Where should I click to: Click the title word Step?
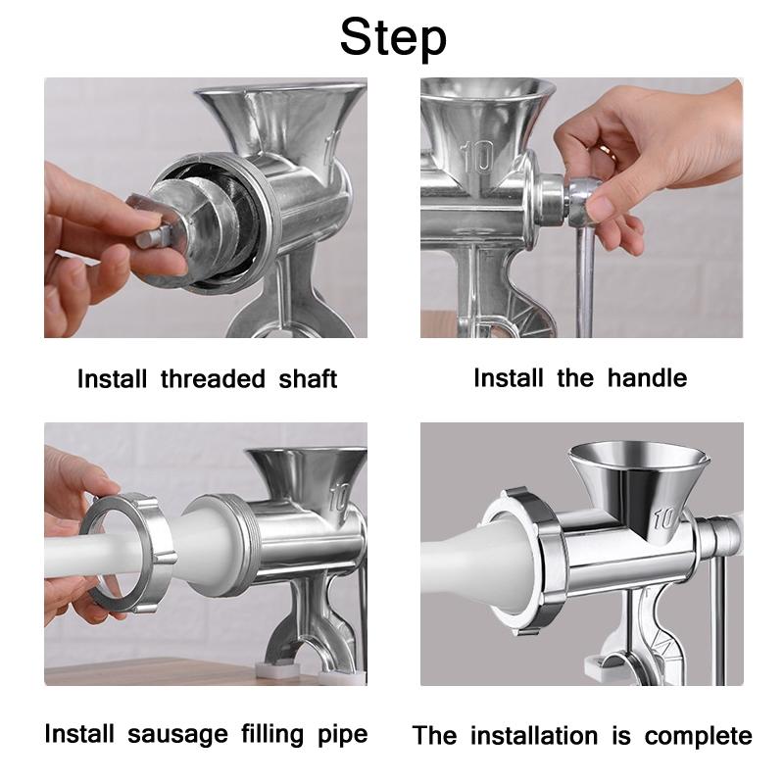pyautogui.click(x=392, y=37)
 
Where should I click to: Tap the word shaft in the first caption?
pyautogui.click(x=307, y=379)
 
